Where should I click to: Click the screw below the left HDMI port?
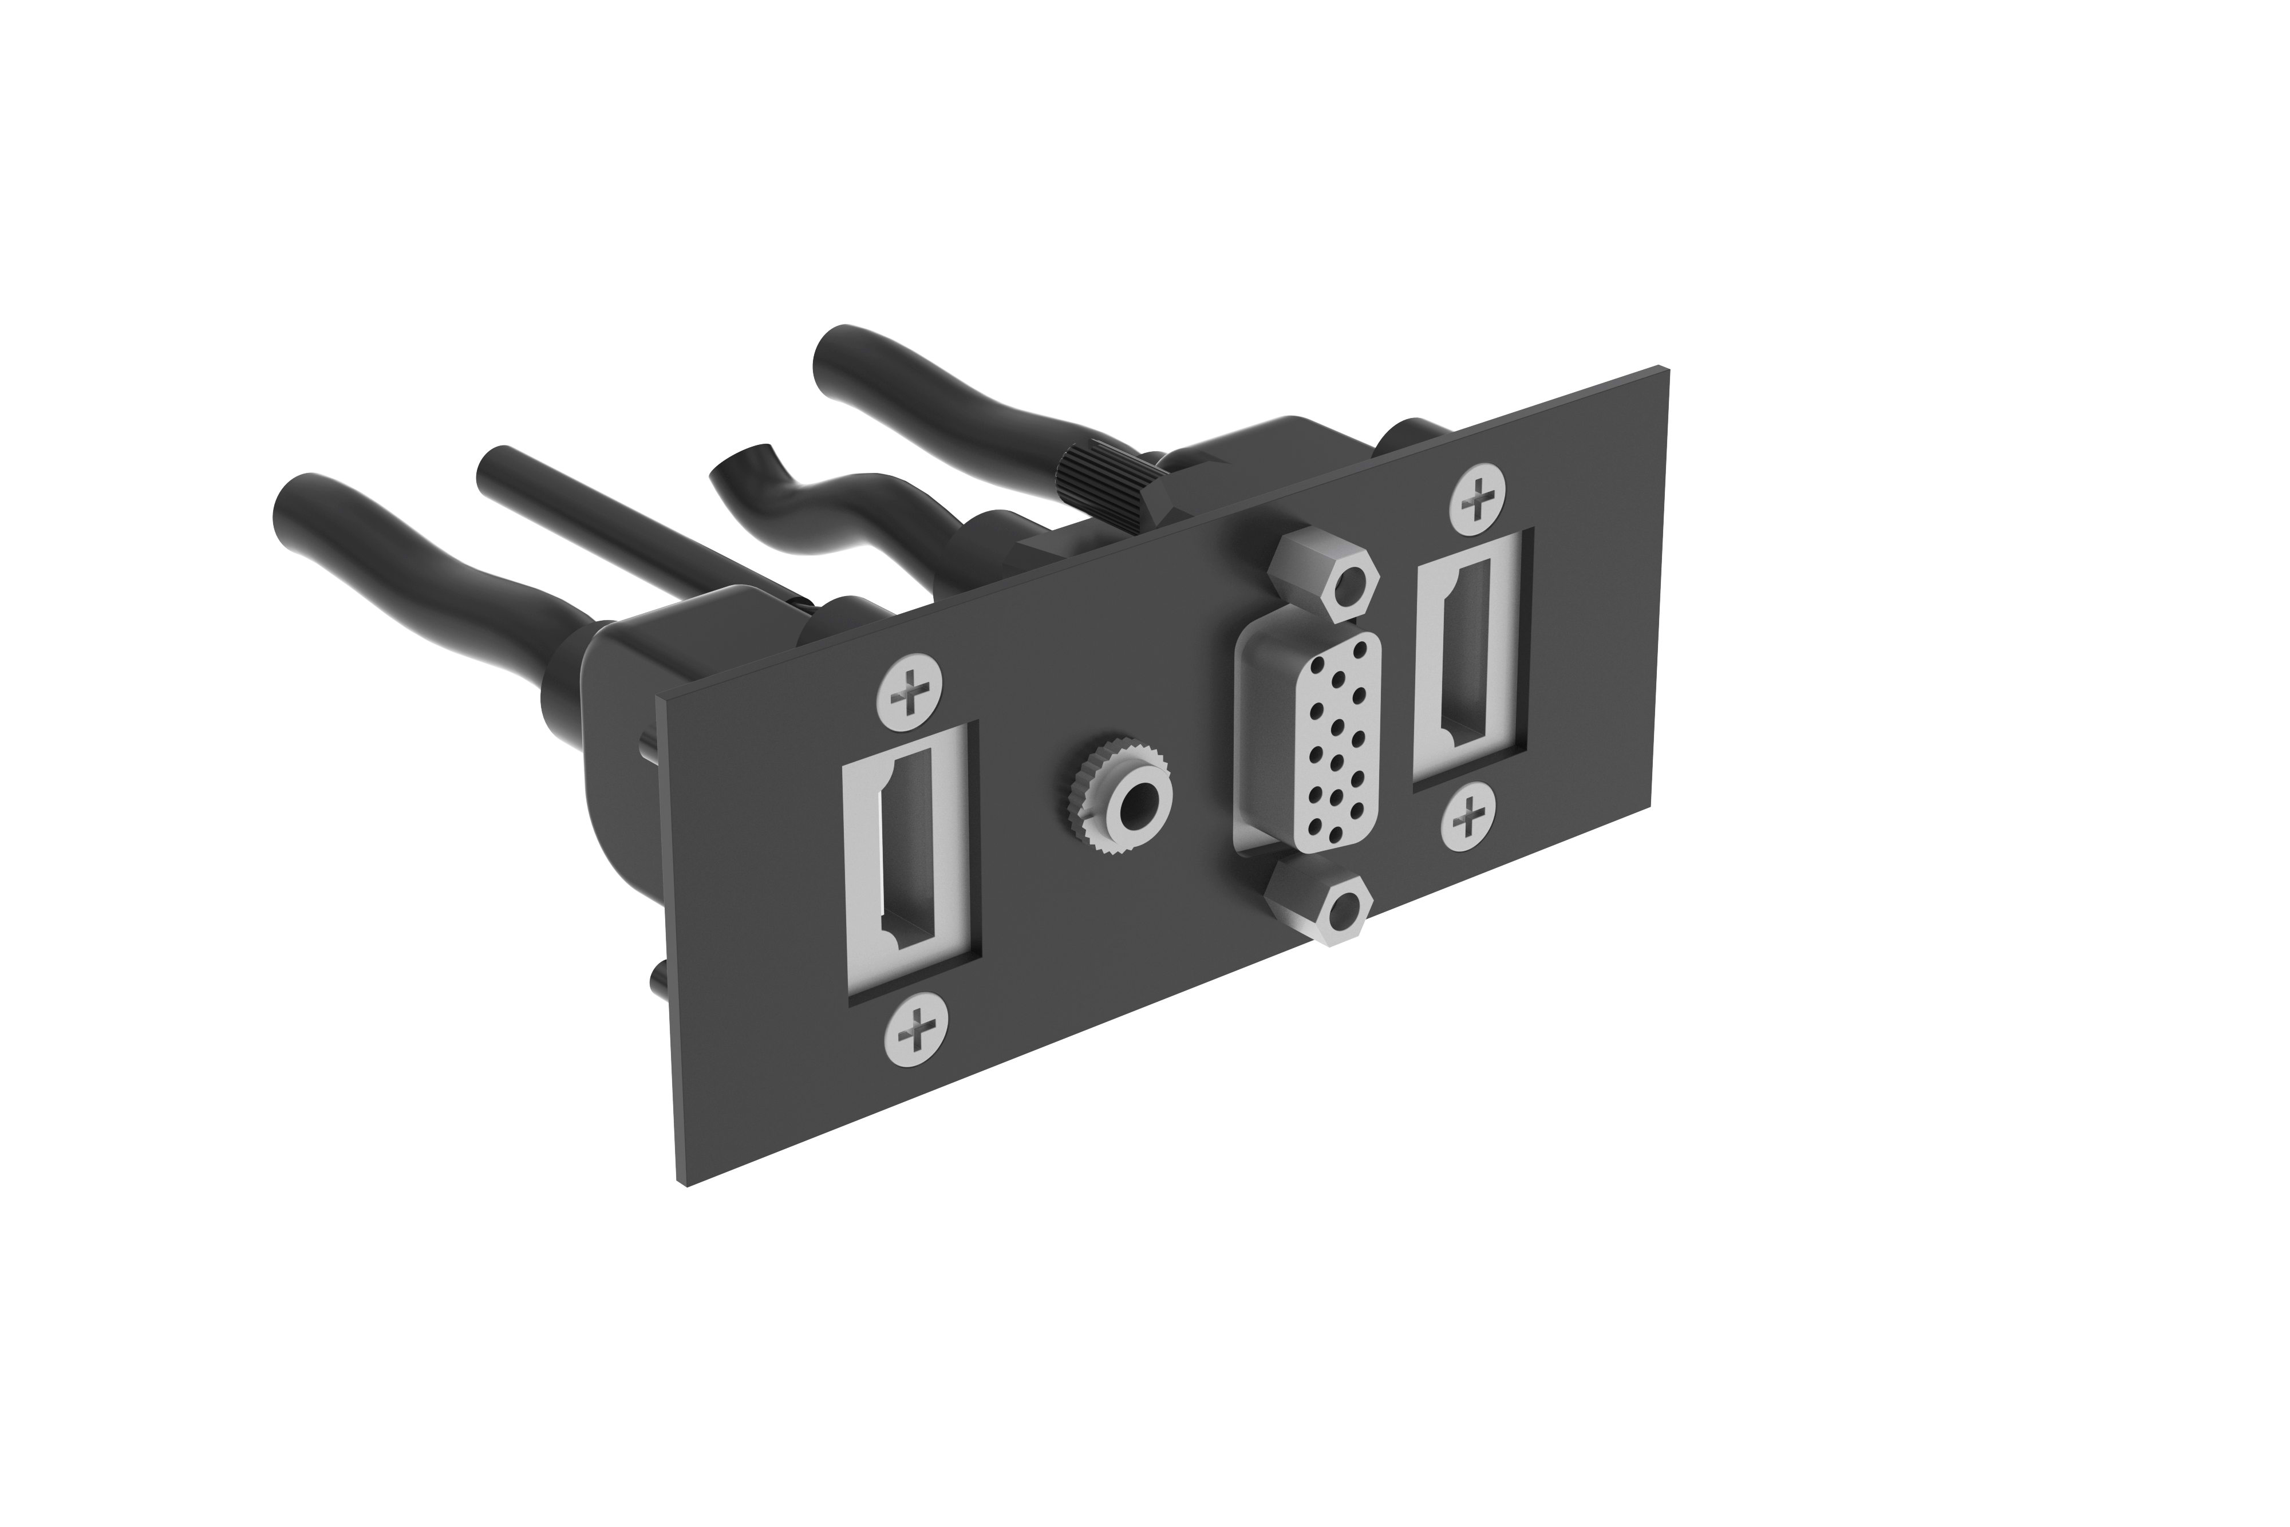tap(915, 1027)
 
